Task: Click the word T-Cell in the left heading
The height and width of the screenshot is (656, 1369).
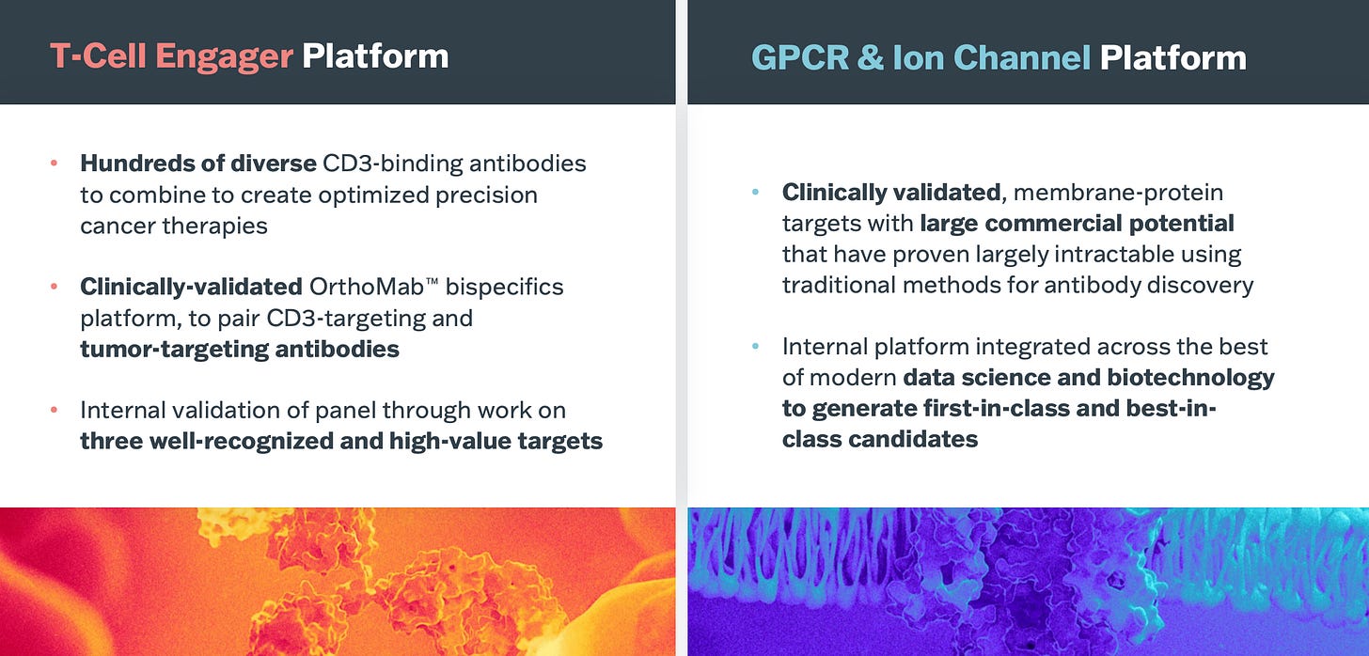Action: pos(98,56)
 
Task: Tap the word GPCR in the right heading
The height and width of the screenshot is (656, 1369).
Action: pos(800,58)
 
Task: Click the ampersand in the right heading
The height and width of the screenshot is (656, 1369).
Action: pos(871,58)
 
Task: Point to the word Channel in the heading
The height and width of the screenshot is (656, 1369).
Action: pos(1022,58)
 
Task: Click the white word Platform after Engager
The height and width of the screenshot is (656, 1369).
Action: pos(375,56)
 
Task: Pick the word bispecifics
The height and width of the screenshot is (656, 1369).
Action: pos(504,287)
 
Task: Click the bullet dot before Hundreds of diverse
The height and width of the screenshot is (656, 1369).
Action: pos(54,164)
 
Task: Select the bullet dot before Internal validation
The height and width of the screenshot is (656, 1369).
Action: pos(54,410)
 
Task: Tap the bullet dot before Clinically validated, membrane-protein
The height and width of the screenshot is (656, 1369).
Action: pos(755,193)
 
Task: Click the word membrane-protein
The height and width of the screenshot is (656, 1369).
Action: pos(1118,193)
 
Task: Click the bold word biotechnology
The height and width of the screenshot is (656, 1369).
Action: pos(1190,378)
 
